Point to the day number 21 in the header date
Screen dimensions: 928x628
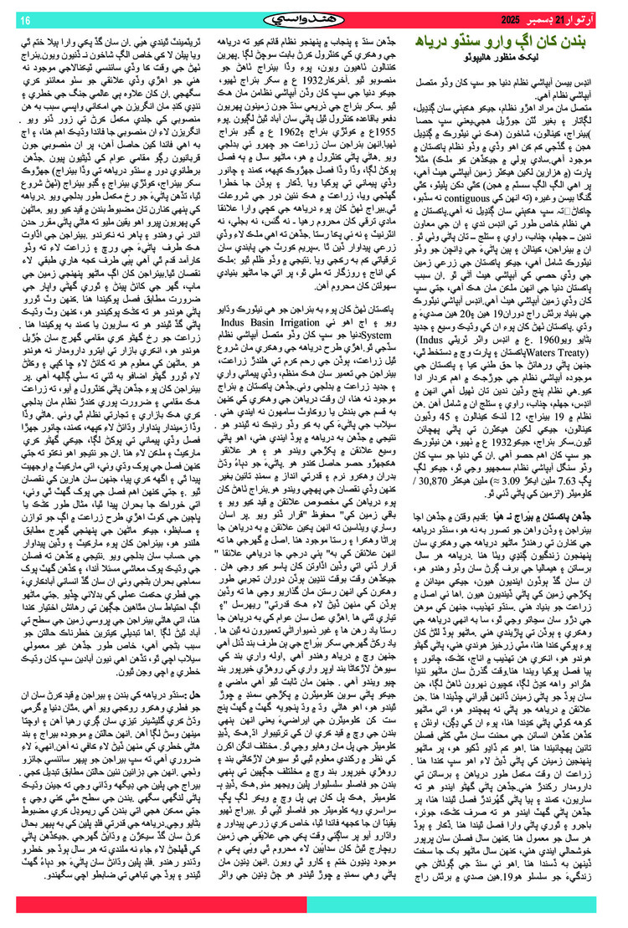(x=570, y=19)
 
